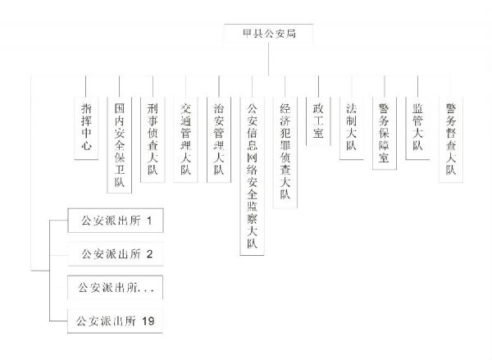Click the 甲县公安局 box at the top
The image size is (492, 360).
tap(268, 33)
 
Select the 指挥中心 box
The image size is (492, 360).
tap(86, 128)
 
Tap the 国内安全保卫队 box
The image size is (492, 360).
tap(119, 144)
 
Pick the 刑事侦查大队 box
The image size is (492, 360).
tap(153, 139)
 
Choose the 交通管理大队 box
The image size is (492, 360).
tap(185, 139)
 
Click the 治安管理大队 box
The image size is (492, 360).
tap(219, 139)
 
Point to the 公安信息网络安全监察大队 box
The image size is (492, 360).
tap(252, 176)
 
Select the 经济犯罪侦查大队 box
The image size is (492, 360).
tap(285, 153)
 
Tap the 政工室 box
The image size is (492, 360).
tap(318, 121)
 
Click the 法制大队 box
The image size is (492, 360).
tap(352, 128)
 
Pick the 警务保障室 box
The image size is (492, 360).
tap(385, 133)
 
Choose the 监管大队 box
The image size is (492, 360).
tap(417, 128)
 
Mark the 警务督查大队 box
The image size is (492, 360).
tap(451, 139)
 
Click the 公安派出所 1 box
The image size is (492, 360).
tap(116, 221)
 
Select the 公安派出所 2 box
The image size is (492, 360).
tap(116, 254)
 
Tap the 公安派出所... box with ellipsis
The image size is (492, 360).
tap(115, 288)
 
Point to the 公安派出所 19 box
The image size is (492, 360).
tap(115, 321)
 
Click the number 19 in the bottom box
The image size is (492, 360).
tap(148, 321)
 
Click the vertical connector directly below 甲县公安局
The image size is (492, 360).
tap(269, 59)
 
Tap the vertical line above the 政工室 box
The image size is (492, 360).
tap(318, 86)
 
